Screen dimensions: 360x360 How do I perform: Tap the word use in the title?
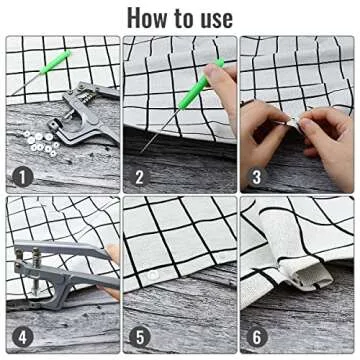coord(211,17)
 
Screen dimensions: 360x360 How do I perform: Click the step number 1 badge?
coord(18,179)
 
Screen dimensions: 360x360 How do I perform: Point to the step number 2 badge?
coord(138,179)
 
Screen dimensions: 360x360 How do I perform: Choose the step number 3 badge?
coord(255,179)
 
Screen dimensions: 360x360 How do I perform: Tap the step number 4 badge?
coord(18,336)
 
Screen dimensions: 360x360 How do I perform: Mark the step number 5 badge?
coord(138,336)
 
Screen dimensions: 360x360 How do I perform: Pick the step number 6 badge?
coord(255,336)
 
